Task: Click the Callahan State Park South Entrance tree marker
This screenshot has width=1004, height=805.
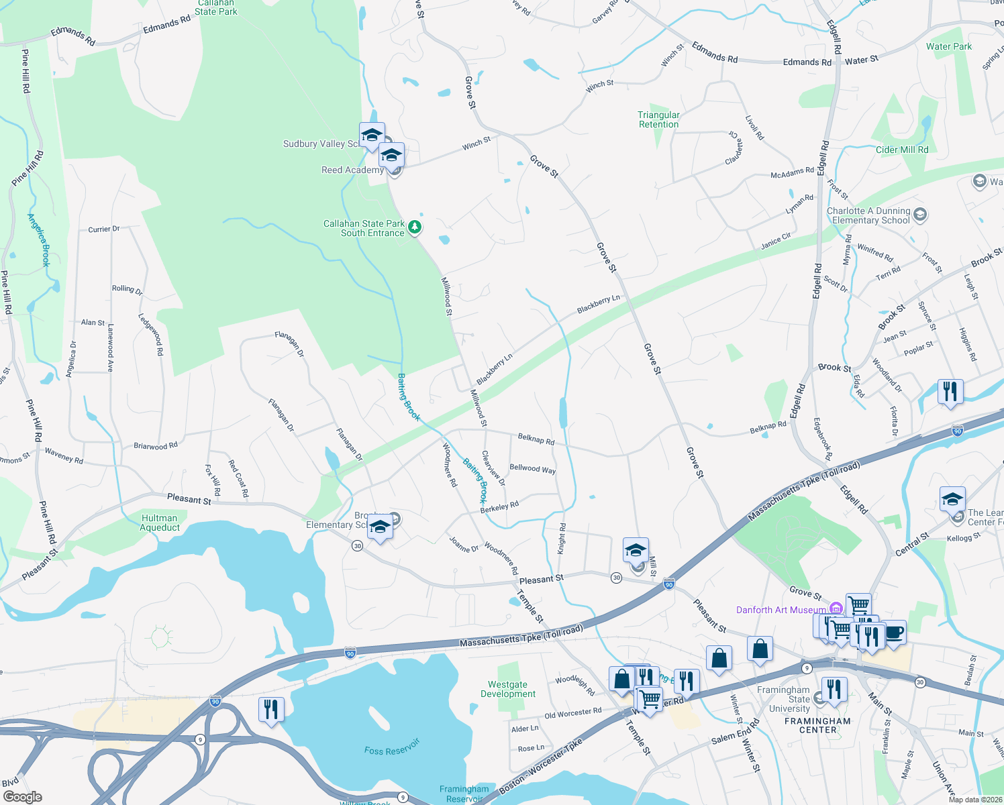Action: tap(415, 227)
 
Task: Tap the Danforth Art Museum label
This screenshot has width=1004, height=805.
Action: tap(781, 610)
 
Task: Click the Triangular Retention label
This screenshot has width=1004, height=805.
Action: tap(658, 119)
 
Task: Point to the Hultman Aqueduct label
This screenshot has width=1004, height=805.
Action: tap(160, 523)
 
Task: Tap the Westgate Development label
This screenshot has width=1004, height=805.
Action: tap(508, 689)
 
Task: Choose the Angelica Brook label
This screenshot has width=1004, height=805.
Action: tap(39, 239)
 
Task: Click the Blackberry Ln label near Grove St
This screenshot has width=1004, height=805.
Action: tap(598, 303)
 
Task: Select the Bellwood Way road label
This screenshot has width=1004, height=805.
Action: tap(533, 468)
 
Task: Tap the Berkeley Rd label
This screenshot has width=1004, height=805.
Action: tap(500, 507)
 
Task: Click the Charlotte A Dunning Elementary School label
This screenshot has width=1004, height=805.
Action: tap(868, 215)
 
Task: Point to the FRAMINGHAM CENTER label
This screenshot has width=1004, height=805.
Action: tap(817, 725)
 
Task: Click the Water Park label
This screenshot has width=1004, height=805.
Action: tap(948, 46)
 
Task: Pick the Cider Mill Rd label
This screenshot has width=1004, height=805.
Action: tap(902, 150)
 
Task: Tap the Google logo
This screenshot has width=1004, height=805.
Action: tap(22, 797)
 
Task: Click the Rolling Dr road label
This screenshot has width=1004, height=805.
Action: tap(127, 289)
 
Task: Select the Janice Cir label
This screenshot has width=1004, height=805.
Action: tap(775, 240)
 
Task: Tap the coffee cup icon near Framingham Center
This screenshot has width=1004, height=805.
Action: tap(894, 632)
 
